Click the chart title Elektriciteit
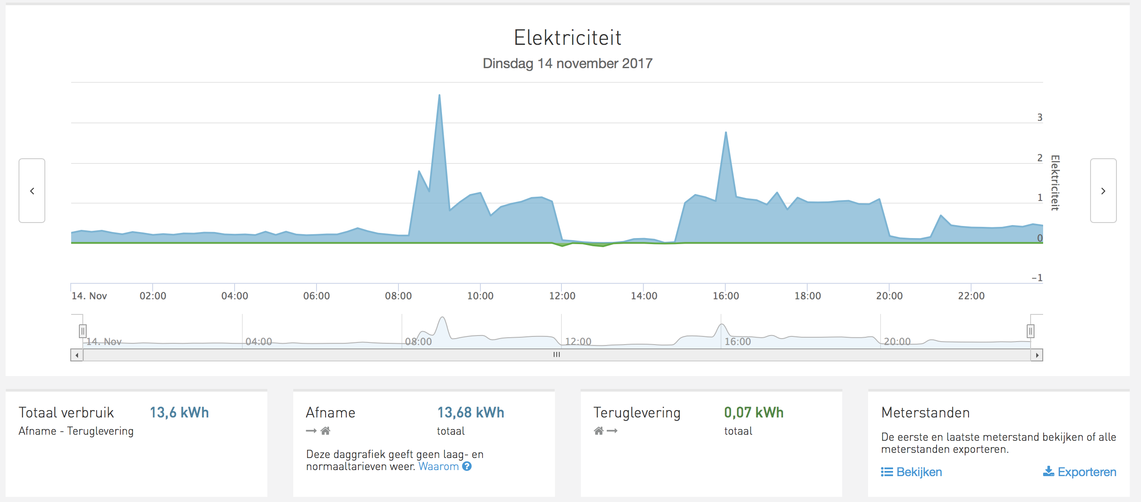click(567, 38)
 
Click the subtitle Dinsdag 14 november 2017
click(567, 64)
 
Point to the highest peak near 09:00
click(439, 95)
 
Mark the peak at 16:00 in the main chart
click(726, 133)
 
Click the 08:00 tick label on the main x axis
click(398, 296)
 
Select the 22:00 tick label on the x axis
click(971, 296)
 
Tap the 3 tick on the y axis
click(1040, 117)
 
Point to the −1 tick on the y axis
click(1037, 278)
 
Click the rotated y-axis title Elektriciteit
click(1055, 182)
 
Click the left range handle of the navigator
click(82, 331)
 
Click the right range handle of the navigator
click(1030, 331)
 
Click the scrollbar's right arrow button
click(1037, 355)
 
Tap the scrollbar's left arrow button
click(77, 355)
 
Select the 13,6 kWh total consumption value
click(179, 412)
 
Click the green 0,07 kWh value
click(753, 412)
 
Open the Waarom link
click(439, 467)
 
